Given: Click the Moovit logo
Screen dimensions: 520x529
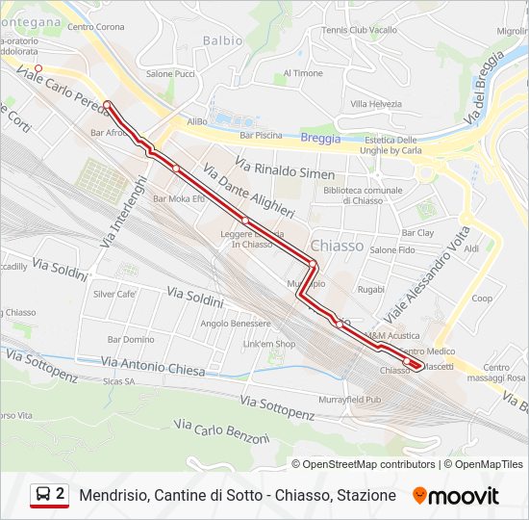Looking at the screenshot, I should tap(456, 496).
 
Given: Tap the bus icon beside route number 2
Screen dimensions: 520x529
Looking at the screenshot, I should tap(43, 495).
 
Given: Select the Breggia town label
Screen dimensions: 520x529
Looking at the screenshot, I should tap(320, 138).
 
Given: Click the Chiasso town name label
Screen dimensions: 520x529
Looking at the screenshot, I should tap(337, 246).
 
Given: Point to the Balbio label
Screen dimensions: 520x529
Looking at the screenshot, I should tap(223, 40).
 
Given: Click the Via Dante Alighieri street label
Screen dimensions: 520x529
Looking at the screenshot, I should tap(248, 191).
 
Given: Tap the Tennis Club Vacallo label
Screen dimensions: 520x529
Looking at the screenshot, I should tap(360, 30).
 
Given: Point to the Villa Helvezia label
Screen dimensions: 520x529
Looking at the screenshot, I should tap(376, 104).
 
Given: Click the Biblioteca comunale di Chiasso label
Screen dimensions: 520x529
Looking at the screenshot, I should tap(363, 195).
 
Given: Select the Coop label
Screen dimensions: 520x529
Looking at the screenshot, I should tap(482, 299).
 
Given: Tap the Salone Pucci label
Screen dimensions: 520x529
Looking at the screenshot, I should tap(170, 74).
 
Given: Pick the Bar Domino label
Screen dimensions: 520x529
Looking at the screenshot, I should tap(131, 340).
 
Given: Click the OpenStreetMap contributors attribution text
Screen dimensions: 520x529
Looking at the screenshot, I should tap(368, 464).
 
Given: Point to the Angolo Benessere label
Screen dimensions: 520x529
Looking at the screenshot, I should tap(236, 324).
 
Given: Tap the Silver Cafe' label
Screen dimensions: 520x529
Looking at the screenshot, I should tap(114, 295).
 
